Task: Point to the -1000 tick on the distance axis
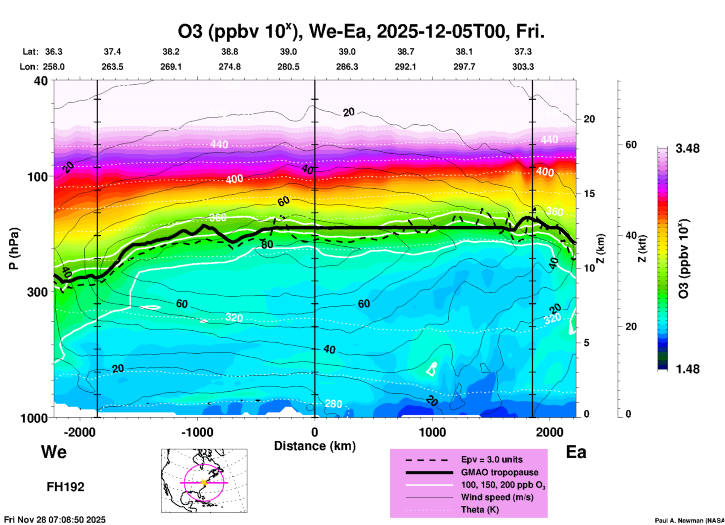(x=197, y=432)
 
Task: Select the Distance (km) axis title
(x=315, y=446)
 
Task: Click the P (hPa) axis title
(x=14, y=249)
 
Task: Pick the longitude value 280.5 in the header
(x=288, y=67)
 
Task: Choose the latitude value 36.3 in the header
(x=54, y=52)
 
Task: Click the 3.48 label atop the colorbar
(x=687, y=149)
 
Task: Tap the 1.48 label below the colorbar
(x=687, y=369)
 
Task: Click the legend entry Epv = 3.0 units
(x=492, y=459)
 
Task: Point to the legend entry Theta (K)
(x=480, y=510)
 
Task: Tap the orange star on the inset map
(x=204, y=482)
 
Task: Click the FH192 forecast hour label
(x=65, y=487)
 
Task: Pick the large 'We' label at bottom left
(x=54, y=452)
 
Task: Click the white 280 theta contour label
(x=333, y=404)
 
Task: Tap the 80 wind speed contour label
(x=267, y=244)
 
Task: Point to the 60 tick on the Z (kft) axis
(x=631, y=145)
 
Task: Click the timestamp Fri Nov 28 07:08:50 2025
(x=55, y=520)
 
